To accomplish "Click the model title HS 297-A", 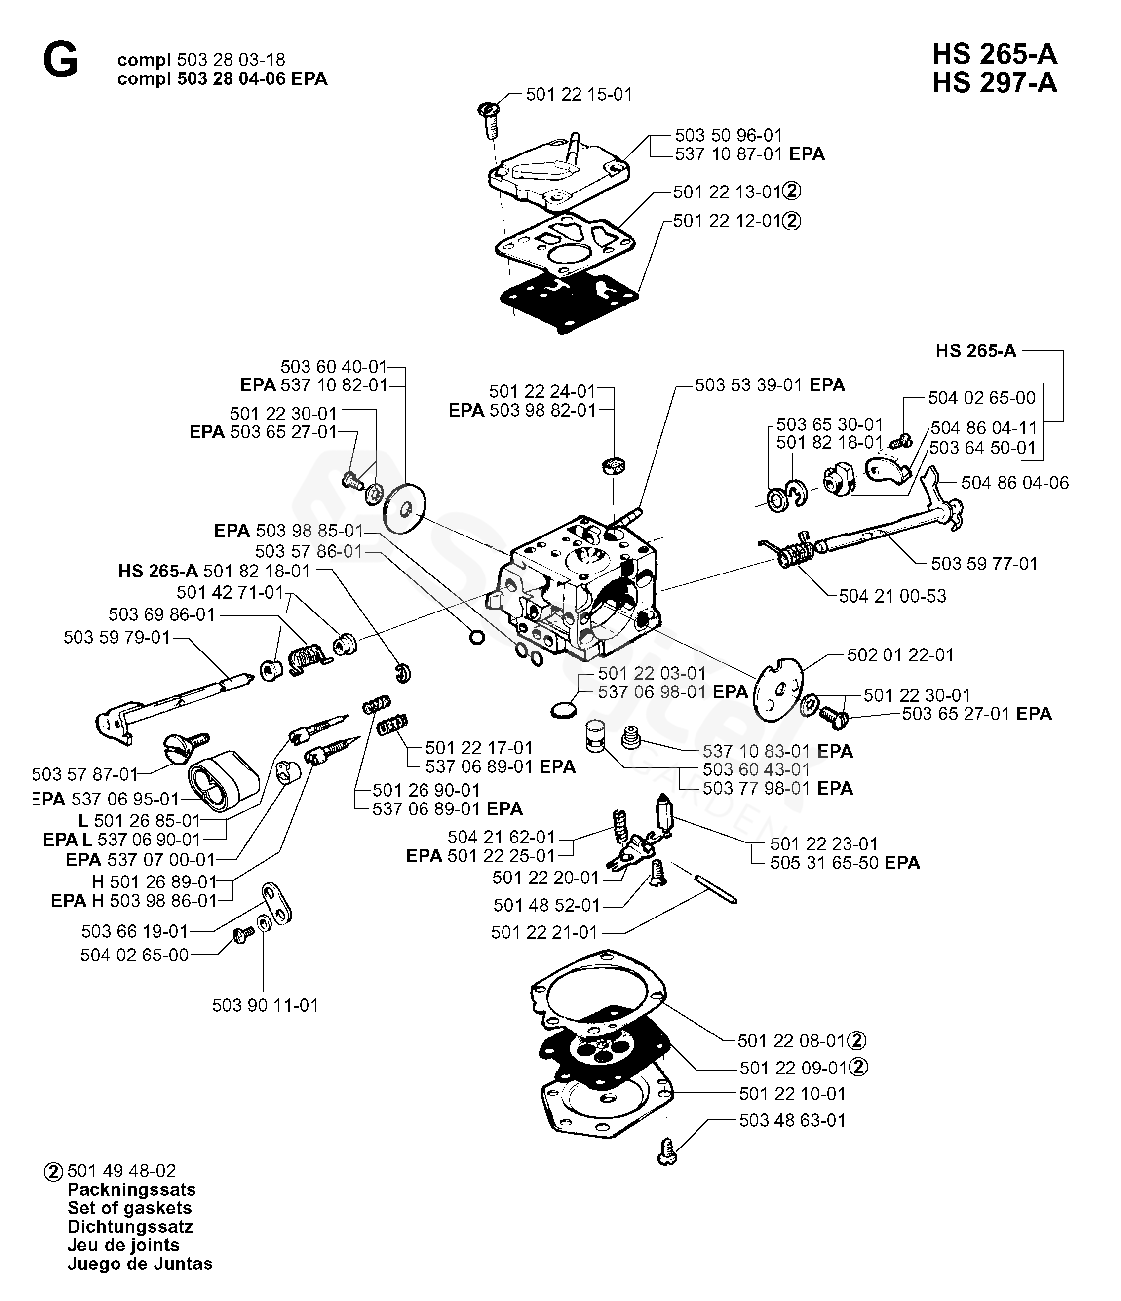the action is click(x=994, y=83).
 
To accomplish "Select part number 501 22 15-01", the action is click(x=579, y=94).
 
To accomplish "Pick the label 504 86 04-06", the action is click(x=1015, y=482).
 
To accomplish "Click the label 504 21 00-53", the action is click(x=892, y=596).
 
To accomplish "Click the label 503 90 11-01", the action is click(x=265, y=1005).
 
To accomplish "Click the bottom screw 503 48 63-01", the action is click(x=666, y=1153).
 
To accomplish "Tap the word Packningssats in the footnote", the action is click(x=131, y=1189).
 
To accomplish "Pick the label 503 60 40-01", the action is click(x=334, y=367).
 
